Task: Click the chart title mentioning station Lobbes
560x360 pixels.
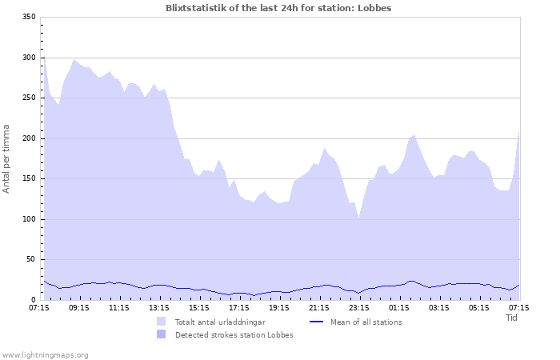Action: click(278, 7)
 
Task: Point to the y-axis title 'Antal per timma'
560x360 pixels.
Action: click(7, 158)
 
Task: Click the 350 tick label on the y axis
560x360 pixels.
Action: click(28, 17)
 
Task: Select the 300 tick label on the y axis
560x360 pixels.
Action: click(28, 58)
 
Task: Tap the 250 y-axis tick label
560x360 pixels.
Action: click(28, 98)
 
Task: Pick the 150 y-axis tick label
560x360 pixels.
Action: click(28, 178)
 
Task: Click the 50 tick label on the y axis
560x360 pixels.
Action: click(30, 259)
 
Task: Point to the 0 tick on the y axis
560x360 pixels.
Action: click(33, 300)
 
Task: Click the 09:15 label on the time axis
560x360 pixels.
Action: click(79, 307)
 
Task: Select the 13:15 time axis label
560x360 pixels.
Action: click(159, 307)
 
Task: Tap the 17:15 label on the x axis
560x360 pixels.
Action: click(239, 307)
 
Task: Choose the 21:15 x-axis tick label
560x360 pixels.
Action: click(319, 307)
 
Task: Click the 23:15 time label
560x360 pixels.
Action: click(359, 307)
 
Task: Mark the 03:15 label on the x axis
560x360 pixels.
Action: click(439, 307)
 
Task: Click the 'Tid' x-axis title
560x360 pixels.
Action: click(512, 318)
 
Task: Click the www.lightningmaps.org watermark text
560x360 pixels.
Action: click(45, 354)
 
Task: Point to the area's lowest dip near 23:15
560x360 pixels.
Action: click(359, 218)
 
